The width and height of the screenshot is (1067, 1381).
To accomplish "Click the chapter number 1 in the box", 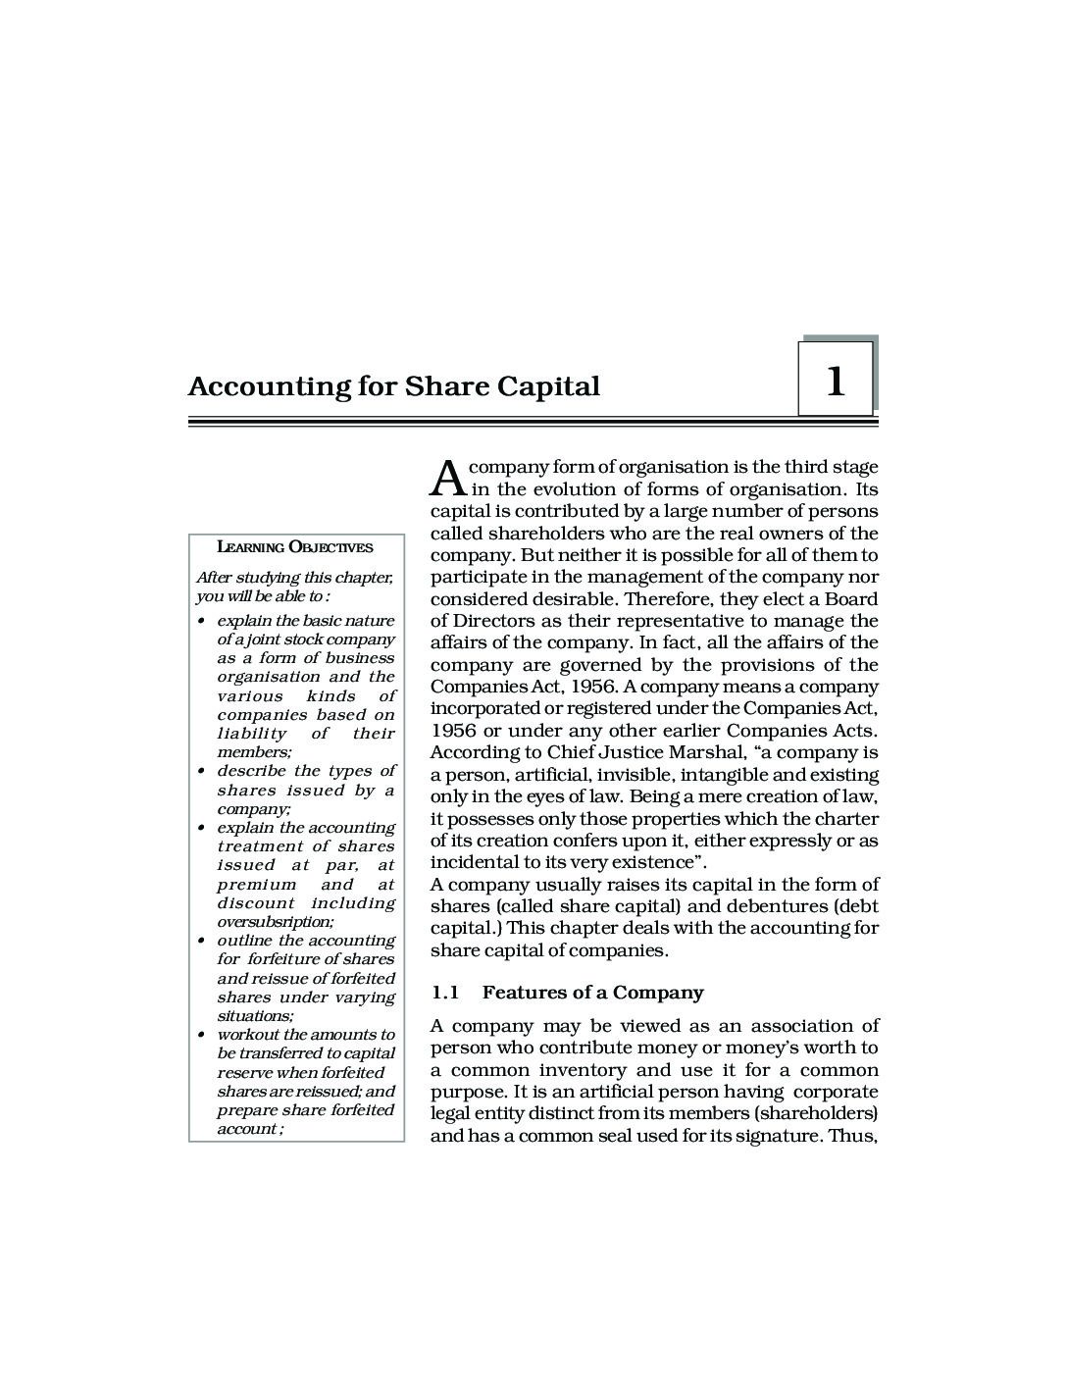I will point(836,382).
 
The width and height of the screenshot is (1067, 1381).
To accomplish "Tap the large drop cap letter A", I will point(447,477).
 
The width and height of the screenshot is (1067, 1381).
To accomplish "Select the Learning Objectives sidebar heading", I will point(294,547).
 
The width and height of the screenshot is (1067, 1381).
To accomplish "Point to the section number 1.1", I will point(445,993).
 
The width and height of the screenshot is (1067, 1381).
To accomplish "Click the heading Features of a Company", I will point(592,993).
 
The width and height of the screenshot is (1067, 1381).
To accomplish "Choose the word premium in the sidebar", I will point(256,884).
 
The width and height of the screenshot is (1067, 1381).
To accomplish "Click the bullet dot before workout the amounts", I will point(200,1035).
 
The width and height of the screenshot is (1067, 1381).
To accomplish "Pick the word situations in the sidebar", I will point(254,1016).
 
